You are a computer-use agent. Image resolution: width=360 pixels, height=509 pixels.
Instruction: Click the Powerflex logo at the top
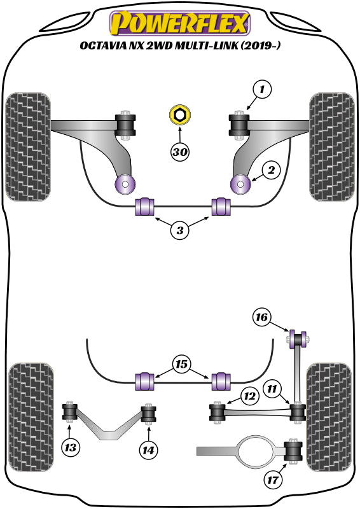pos(180,24)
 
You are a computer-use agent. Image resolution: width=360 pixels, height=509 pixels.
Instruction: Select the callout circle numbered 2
pos(270,170)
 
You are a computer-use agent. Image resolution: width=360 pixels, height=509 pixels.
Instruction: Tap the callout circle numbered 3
pos(180,231)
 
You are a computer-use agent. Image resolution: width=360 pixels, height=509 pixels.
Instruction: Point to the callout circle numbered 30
pos(180,153)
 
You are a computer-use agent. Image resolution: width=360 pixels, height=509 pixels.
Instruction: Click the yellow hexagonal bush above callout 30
pos(180,116)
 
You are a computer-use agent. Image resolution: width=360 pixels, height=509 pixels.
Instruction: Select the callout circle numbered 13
pos(71,448)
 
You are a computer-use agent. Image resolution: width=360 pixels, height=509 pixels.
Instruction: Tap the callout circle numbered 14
pos(148,449)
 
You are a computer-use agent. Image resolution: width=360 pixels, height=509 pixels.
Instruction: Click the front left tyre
pos(27,146)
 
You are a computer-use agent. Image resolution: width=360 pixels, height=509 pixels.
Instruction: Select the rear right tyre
pos(329,417)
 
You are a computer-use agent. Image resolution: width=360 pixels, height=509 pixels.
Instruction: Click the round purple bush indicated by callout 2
pos(242,185)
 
